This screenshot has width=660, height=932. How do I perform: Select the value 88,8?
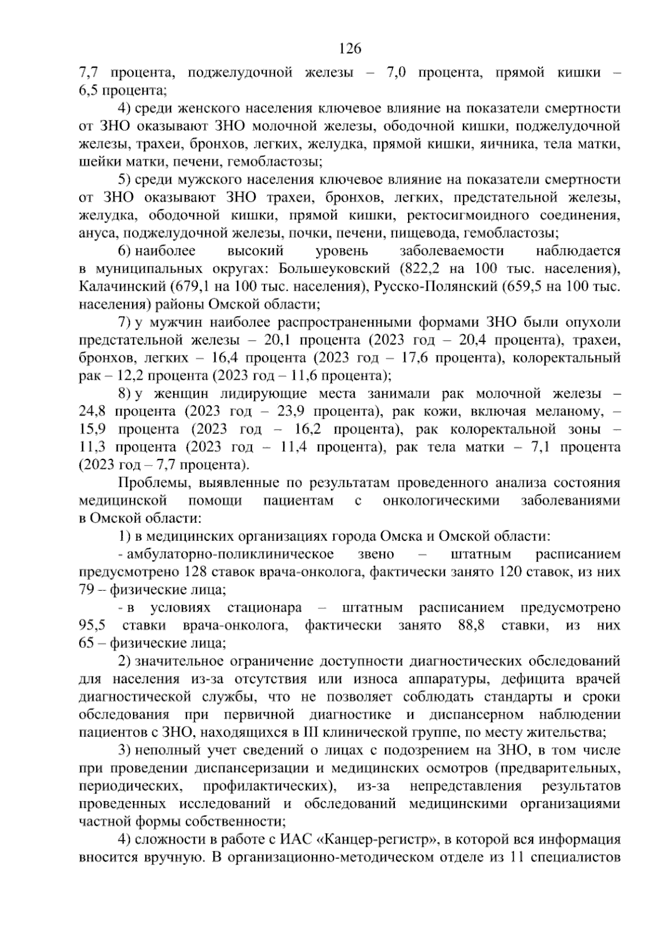471,625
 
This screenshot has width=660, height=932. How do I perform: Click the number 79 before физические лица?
87,590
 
